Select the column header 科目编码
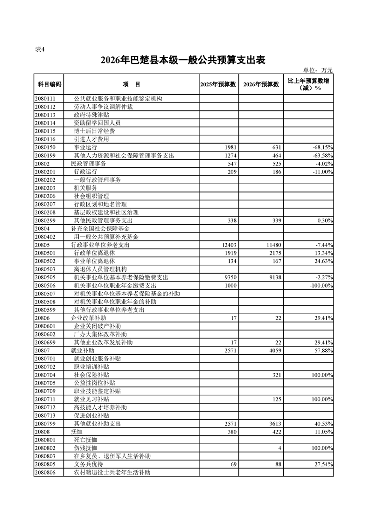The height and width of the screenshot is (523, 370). pos(49,84)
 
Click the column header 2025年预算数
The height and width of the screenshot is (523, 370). pos(217,84)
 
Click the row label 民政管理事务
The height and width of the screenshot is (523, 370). pos(89,164)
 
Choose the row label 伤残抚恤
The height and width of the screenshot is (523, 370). pos(85,447)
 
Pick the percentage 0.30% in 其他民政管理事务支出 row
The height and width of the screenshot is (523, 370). pos(324,220)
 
